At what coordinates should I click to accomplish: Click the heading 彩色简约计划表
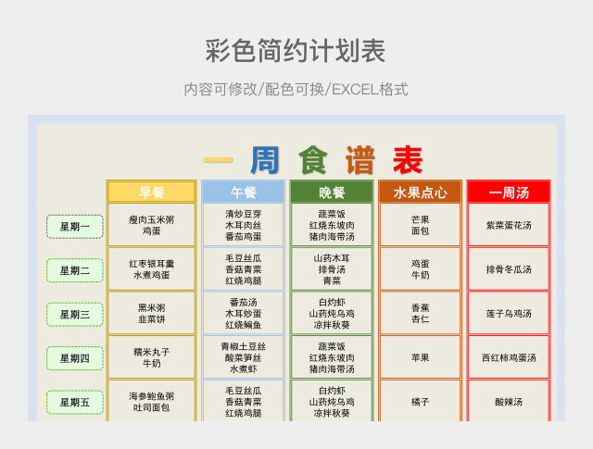(296, 51)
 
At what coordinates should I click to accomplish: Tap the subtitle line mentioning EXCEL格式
(296, 90)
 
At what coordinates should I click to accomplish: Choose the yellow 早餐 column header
(151, 193)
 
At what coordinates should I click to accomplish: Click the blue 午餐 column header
(243, 193)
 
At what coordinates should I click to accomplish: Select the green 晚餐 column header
(332, 193)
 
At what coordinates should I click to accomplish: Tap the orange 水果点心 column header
(420, 193)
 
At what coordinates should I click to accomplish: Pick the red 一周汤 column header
(509, 193)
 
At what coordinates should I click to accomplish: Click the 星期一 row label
(75, 226)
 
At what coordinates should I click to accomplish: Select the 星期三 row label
(75, 314)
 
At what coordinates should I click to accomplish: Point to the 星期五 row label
(75, 402)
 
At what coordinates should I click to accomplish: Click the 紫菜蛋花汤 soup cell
(509, 225)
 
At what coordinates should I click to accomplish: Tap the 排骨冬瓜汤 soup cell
(509, 269)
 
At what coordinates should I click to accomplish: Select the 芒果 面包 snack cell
(420, 225)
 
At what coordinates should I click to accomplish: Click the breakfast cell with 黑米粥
(151, 313)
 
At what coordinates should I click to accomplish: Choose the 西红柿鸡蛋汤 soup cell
(509, 357)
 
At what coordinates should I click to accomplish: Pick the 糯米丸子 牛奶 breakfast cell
(151, 357)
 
